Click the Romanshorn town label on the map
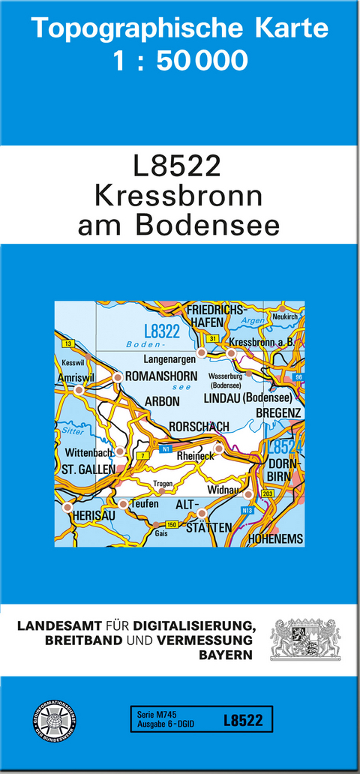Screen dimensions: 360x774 [161, 376]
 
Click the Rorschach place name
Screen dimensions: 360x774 [199, 427]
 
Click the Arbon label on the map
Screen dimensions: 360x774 [163, 402]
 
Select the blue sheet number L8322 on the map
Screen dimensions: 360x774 [161, 331]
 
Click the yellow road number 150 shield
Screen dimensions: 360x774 [172, 523]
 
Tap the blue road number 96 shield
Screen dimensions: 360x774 [298, 376]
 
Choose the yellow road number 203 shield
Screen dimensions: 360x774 [268, 494]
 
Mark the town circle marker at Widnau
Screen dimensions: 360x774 [248, 494]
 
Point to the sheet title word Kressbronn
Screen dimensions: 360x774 [178, 196]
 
